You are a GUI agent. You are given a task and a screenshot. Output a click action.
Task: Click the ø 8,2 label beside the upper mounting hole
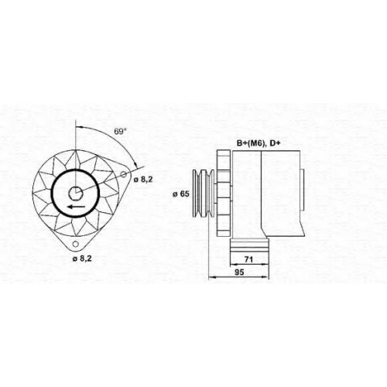point(143,180)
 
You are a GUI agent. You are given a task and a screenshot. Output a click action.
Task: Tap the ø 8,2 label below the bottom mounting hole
point(82,259)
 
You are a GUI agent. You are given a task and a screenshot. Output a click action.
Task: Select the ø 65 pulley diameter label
point(181,194)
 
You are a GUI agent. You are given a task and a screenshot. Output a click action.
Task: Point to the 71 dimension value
point(248,259)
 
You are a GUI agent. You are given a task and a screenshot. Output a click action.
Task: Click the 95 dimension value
point(239,272)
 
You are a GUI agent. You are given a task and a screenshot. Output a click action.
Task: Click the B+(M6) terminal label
point(252,143)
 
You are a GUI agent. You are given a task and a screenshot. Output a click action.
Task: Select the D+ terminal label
point(275,143)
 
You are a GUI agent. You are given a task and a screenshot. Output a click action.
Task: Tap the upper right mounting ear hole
point(124,174)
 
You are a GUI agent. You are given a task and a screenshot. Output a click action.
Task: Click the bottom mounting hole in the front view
point(75,244)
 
